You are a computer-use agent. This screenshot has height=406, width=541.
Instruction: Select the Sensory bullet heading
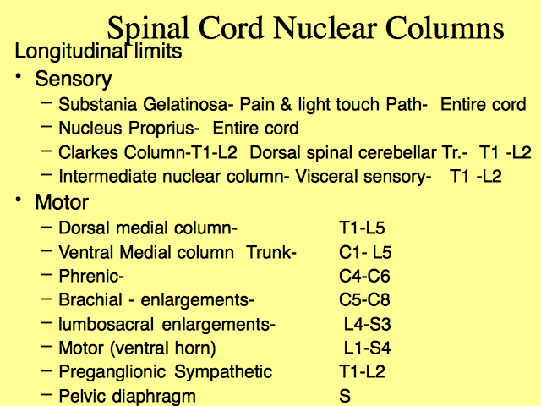pyautogui.click(x=74, y=79)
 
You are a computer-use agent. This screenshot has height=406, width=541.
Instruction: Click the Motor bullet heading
pyautogui.click(x=62, y=201)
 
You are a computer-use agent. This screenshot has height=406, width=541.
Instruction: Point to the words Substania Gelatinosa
pyautogui.click(x=144, y=104)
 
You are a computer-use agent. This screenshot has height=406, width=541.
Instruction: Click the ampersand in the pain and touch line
pyautogui.click(x=286, y=104)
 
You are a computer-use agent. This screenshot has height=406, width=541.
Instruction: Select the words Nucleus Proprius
pyautogui.click(x=129, y=129)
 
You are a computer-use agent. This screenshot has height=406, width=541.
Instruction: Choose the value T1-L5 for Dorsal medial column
pyautogui.click(x=362, y=228)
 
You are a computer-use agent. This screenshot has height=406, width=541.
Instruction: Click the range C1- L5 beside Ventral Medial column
pyautogui.click(x=365, y=252)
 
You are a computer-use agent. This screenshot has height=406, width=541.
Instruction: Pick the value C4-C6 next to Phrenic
pyautogui.click(x=364, y=276)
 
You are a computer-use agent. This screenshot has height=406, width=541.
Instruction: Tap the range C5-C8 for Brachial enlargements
pyautogui.click(x=364, y=299)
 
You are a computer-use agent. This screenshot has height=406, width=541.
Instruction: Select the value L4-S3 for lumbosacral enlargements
pyautogui.click(x=368, y=324)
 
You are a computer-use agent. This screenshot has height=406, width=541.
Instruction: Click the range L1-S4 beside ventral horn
pyautogui.click(x=368, y=348)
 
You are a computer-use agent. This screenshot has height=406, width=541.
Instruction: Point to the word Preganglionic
pyautogui.click(x=112, y=372)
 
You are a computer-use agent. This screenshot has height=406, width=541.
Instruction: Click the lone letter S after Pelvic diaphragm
pyautogui.click(x=345, y=396)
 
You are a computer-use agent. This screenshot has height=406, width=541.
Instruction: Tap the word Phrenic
pyautogui.click(x=91, y=276)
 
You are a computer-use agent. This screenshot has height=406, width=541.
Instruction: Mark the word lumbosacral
pyautogui.click(x=106, y=324)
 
